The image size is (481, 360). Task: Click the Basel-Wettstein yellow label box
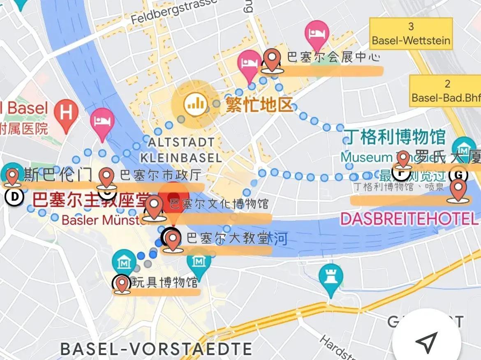point(411,34)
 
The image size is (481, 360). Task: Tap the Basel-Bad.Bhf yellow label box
point(446,91)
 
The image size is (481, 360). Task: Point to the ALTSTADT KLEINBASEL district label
point(181,150)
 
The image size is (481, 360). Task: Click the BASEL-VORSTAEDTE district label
point(156,349)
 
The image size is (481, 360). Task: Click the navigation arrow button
point(426,341)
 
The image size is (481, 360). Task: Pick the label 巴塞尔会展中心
point(333,57)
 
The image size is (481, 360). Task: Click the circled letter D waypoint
point(14,197)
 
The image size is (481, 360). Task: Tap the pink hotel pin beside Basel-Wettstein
point(317,33)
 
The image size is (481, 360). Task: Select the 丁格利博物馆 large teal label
point(395,137)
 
